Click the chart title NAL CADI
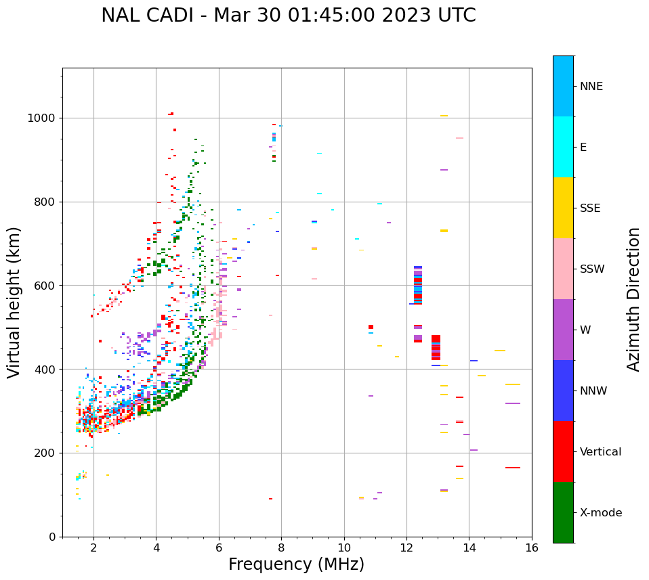coord(288,16)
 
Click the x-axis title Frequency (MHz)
coord(296,564)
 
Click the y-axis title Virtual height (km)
coord(14,303)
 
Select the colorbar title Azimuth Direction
coord(633,299)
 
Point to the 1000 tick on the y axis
coord(43,118)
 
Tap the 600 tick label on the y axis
coord(45,286)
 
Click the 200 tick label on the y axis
coord(45,453)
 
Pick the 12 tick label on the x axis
coord(406,548)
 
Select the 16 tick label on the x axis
coord(532,548)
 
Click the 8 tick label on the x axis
coord(281,548)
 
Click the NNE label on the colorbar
coord(591,87)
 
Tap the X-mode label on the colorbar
coord(601,513)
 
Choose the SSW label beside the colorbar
coord(591,269)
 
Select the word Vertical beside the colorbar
coord(600,452)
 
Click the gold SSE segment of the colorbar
coord(563,208)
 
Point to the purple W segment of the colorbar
coord(563,330)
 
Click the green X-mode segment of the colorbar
coord(563,512)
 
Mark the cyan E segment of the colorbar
coord(563,147)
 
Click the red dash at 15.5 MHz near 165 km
coord(512,468)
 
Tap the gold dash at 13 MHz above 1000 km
coord(444,116)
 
